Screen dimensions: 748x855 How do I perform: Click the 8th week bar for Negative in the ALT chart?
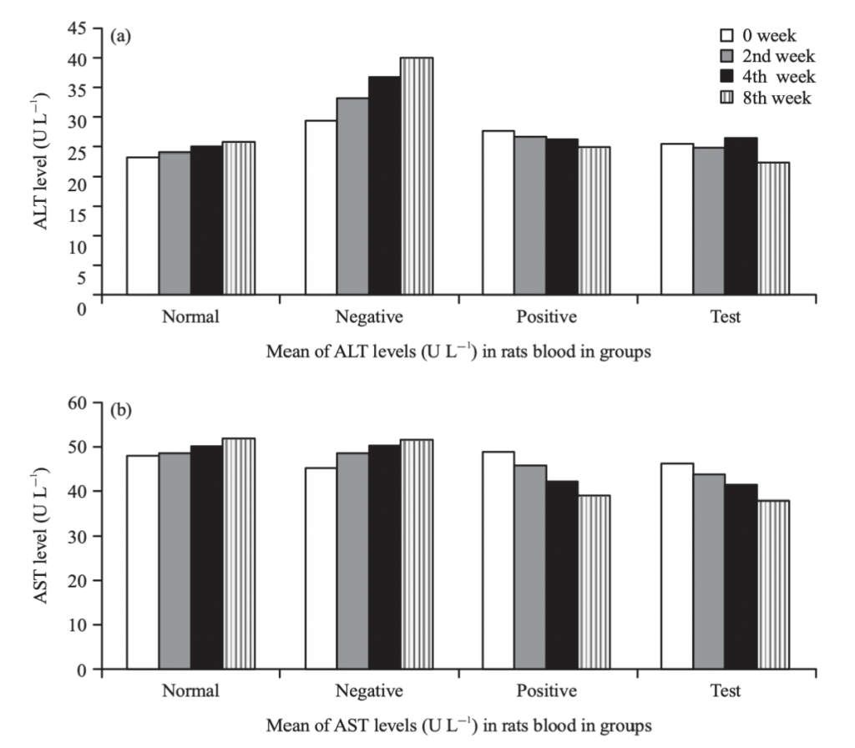tap(417, 176)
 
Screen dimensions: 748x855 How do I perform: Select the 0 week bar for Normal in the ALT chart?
tap(143, 225)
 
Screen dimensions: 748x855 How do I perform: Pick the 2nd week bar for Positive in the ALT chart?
tap(530, 215)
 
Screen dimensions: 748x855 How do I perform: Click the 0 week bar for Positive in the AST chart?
tap(498, 560)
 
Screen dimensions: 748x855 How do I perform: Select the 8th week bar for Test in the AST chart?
tap(772, 584)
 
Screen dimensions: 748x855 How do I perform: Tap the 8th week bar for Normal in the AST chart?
tap(239, 553)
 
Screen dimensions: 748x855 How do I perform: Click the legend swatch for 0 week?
tap(726, 36)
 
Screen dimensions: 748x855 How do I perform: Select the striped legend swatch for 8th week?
tap(726, 99)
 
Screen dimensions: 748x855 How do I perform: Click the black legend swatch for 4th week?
tap(726, 78)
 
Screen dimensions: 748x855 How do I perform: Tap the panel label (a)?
tap(119, 37)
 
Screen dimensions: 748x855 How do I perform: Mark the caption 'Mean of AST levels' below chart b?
tap(458, 725)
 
